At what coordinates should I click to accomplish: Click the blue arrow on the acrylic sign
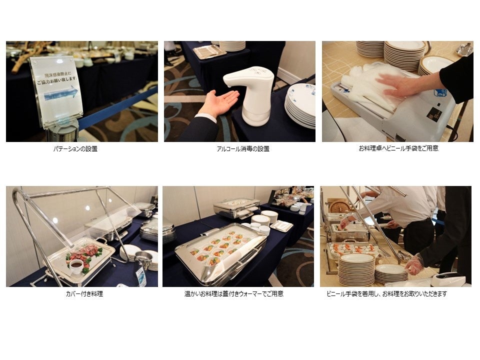click(x=61, y=93)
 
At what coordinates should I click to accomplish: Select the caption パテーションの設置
click(x=75, y=149)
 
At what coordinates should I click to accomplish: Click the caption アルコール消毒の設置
click(x=243, y=149)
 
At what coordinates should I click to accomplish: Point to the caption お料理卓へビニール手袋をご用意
click(x=398, y=148)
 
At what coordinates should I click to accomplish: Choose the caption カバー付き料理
click(x=84, y=294)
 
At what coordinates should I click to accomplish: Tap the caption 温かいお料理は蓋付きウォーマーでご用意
click(x=234, y=294)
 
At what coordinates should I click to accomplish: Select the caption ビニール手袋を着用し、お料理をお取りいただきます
click(x=386, y=294)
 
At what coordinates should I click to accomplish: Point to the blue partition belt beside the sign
click(x=118, y=106)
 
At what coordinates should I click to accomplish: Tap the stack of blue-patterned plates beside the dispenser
click(x=300, y=105)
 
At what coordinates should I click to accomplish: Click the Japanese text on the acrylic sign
click(x=57, y=78)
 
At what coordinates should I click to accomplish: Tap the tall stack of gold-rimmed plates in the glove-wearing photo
click(x=356, y=269)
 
